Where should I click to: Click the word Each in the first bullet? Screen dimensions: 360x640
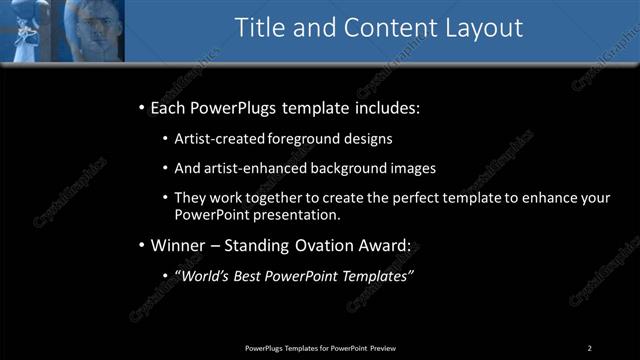click(x=169, y=108)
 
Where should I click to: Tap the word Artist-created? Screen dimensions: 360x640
click(x=216, y=139)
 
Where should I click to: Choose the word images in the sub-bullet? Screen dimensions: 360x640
click(x=412, y=169)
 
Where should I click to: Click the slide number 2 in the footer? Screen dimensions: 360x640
click(x=589, y=348)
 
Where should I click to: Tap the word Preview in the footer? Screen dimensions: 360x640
click(x=382, y=348)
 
